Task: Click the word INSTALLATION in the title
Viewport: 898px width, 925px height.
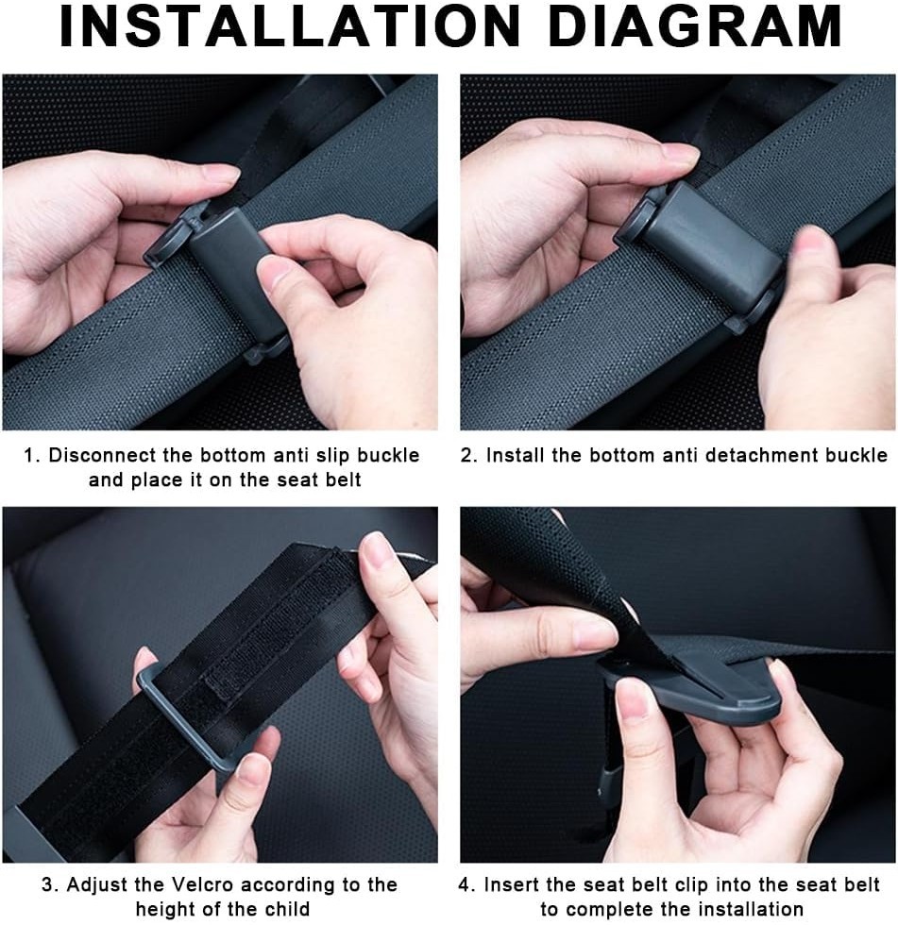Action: pyautogui.click(x=290, y=26)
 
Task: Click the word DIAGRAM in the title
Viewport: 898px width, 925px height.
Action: pyautogui.click(x=694, y=26)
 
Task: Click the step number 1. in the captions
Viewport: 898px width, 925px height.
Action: pyautogui.click(x=32, y=455)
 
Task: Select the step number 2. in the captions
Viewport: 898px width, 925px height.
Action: pyautogui.click(x=469, y=455)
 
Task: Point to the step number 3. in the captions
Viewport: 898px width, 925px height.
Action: pyautogui.click(x=49, y=885)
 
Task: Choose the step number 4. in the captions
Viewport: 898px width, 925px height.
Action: pyautogui.click(x=466, y=885)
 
